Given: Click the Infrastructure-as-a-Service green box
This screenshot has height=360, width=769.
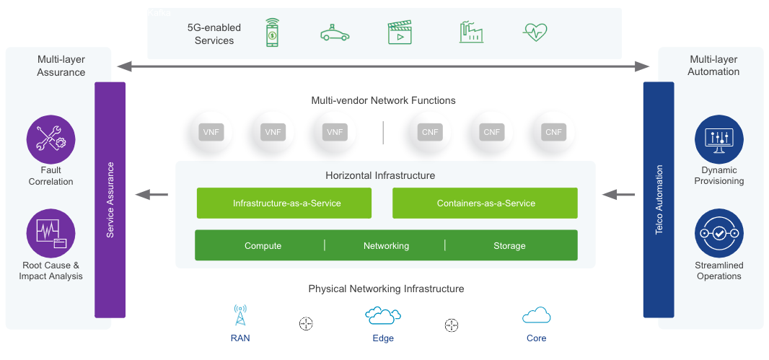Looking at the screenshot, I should point(284,203).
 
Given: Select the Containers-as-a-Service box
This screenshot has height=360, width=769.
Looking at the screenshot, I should point(485,203).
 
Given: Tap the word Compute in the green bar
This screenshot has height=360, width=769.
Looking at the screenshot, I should point(263,246).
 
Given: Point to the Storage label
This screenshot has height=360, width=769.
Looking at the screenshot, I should point(509,246).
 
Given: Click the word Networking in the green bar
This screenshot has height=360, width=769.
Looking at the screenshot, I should point(386,246).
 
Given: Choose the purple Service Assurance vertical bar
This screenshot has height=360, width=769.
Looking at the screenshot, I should point(110,200).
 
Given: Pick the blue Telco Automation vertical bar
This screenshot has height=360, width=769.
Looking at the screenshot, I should point(658,200).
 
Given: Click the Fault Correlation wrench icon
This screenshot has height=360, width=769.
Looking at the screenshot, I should point(51,139).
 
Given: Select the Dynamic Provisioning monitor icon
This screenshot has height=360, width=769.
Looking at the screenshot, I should point(719,139).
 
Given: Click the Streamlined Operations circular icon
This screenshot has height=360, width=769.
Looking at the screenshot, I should point(719,234).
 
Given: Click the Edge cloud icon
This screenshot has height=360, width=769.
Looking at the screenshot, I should point(383,315).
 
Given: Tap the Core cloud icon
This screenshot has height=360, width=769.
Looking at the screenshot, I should point(536,315).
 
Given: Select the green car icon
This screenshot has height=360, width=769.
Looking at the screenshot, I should point(335,33).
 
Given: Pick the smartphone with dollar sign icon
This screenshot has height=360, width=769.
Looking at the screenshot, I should point(272,32).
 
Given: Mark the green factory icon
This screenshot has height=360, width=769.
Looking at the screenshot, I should point(470,32).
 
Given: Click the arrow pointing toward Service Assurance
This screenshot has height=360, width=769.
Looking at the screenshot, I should point(152,194).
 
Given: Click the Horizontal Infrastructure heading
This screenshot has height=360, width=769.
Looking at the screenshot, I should point(380,175).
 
